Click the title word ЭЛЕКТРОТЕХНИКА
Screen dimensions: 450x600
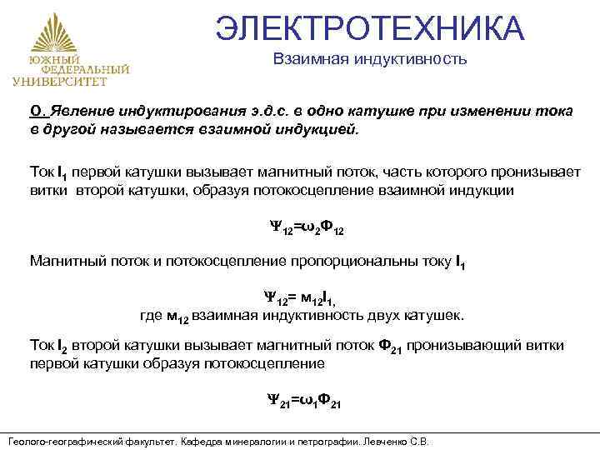(x=369, y=27)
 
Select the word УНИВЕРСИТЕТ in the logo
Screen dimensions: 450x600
(x=60, y=82)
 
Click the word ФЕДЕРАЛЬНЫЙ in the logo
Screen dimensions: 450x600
(x=72, y=71)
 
